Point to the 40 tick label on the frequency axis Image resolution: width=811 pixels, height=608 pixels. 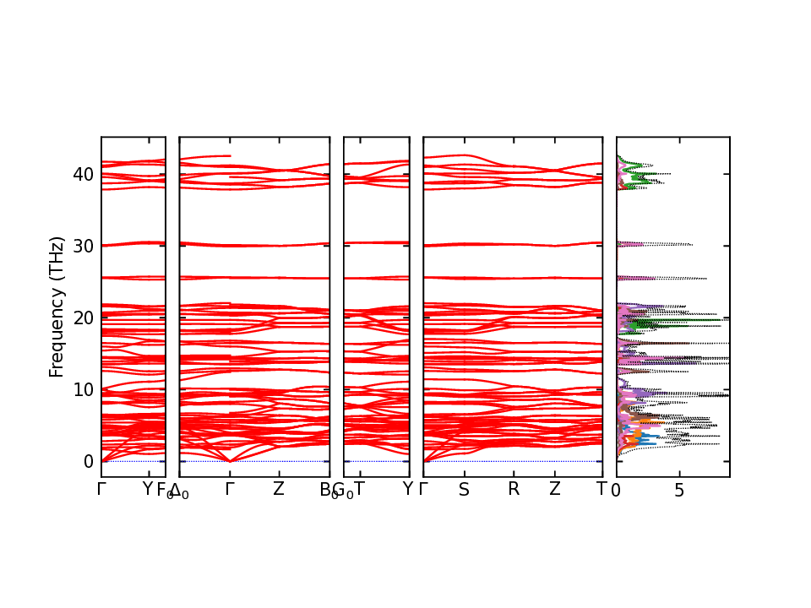click(x=83, y=174)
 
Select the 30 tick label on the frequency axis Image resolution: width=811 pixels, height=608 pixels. click(x=83, y=246)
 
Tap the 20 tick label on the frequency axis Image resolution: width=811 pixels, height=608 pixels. click(x=83, y=318)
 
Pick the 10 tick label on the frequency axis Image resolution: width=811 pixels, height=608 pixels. click(x=83, y=389)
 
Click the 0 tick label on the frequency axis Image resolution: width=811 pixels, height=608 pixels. click(x=88, y=461)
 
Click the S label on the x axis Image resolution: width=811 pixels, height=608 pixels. click(x=464, y=490)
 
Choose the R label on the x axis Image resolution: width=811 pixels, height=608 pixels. click(x=513, y=490)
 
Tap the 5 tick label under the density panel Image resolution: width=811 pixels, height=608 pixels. click(x=679, y=490)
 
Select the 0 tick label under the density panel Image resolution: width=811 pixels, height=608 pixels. click(x=617, y=490)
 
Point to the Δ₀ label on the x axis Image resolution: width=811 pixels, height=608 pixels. click(x=179, y=491)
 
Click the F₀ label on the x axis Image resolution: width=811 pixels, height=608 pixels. click(x=164, y=491)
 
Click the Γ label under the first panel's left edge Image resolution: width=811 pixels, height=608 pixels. click(x=101, y=490)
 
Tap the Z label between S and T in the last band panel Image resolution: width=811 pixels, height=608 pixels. click(x=554, y=490)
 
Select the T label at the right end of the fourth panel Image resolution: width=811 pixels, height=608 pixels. click(x=601, y=490)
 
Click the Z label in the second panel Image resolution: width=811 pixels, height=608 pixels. click(x=279, y=490)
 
